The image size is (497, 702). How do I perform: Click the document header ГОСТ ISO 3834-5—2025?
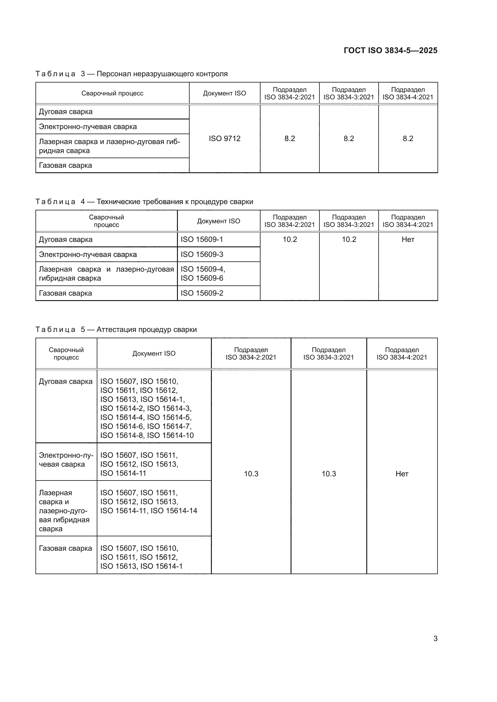coord(390,50)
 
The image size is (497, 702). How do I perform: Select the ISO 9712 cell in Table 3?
coord(224,138)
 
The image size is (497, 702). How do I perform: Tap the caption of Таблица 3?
coord(131,74)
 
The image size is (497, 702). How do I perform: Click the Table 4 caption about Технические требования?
coord(144,201)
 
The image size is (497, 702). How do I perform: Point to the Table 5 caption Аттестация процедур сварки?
coord(116,329)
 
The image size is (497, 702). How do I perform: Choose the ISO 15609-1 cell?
coord(202,240)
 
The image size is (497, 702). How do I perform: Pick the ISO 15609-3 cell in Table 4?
coord(202,255)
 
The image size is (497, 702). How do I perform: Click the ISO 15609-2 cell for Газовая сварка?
coord(202,293)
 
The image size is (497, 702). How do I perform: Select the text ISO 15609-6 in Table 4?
coord(202,278)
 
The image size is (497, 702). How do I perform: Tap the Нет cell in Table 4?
coord(408,240)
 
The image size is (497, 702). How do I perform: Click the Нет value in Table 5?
coord(401,474)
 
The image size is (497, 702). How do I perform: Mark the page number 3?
coord(435,638)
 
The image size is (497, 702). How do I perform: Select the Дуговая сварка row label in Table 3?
coord(66,112)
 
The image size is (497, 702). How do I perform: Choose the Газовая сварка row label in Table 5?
coord(65,548)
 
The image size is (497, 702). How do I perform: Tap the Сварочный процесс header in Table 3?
coord(112,93)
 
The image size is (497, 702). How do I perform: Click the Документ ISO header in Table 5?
coord(154,354)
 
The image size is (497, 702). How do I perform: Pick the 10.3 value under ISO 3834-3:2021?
coord(328,474)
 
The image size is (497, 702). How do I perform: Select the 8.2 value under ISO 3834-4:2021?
coord(408,138)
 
